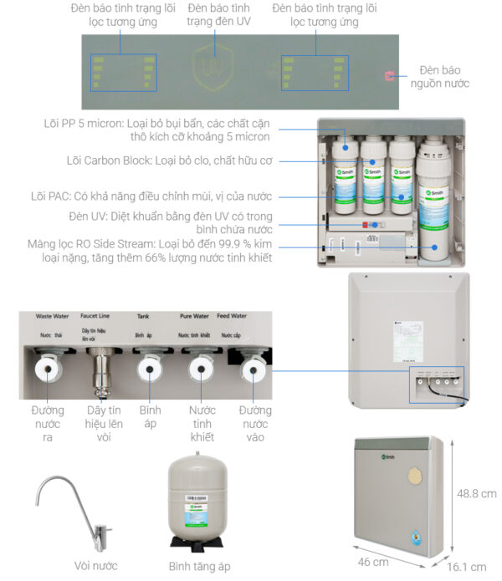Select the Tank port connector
point(150,367)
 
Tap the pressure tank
point(199,498)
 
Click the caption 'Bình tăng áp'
point(199,566)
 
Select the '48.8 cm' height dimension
point(476,494)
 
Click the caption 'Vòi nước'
point(81,566)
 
